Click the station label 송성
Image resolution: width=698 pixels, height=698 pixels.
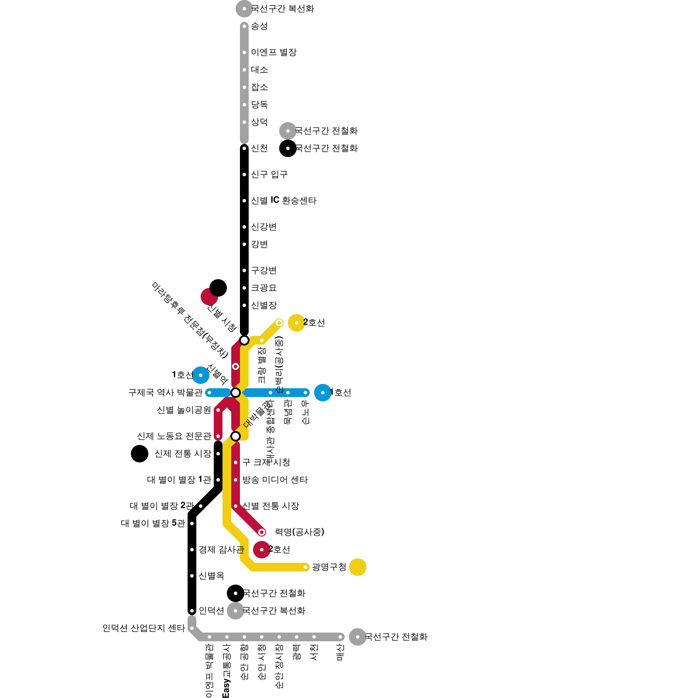(259, 26)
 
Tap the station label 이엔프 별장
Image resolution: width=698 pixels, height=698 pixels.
(274, 52)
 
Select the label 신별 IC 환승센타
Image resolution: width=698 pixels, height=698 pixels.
(284, 201)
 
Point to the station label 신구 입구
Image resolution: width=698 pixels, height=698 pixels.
(269, 174)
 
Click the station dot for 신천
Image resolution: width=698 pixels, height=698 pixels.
(244, 148)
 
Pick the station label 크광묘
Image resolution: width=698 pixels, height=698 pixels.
(263, 288)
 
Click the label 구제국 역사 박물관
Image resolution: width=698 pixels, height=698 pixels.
(165, 393)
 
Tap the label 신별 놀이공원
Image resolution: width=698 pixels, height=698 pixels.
(184, 410)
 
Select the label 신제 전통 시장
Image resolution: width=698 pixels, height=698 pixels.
(183, 454)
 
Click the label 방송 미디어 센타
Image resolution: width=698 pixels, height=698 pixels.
(275, 480)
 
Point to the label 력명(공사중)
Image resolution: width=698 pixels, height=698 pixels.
(299, 532)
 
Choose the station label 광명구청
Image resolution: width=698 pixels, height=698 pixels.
(329, 567)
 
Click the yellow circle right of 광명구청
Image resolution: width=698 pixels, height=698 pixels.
(358, 567)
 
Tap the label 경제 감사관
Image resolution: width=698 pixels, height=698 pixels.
(221, 550)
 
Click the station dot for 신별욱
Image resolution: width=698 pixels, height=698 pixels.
(192, 576)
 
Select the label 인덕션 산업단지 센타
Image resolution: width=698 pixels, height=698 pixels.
(144, 628)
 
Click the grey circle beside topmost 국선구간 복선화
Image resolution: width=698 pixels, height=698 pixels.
(244, 9)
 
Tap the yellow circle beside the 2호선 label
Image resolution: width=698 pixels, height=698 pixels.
(297, 323)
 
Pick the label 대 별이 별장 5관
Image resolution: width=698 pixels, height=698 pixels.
(153, 523)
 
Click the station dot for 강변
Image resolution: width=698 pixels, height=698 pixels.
(244, 244)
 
